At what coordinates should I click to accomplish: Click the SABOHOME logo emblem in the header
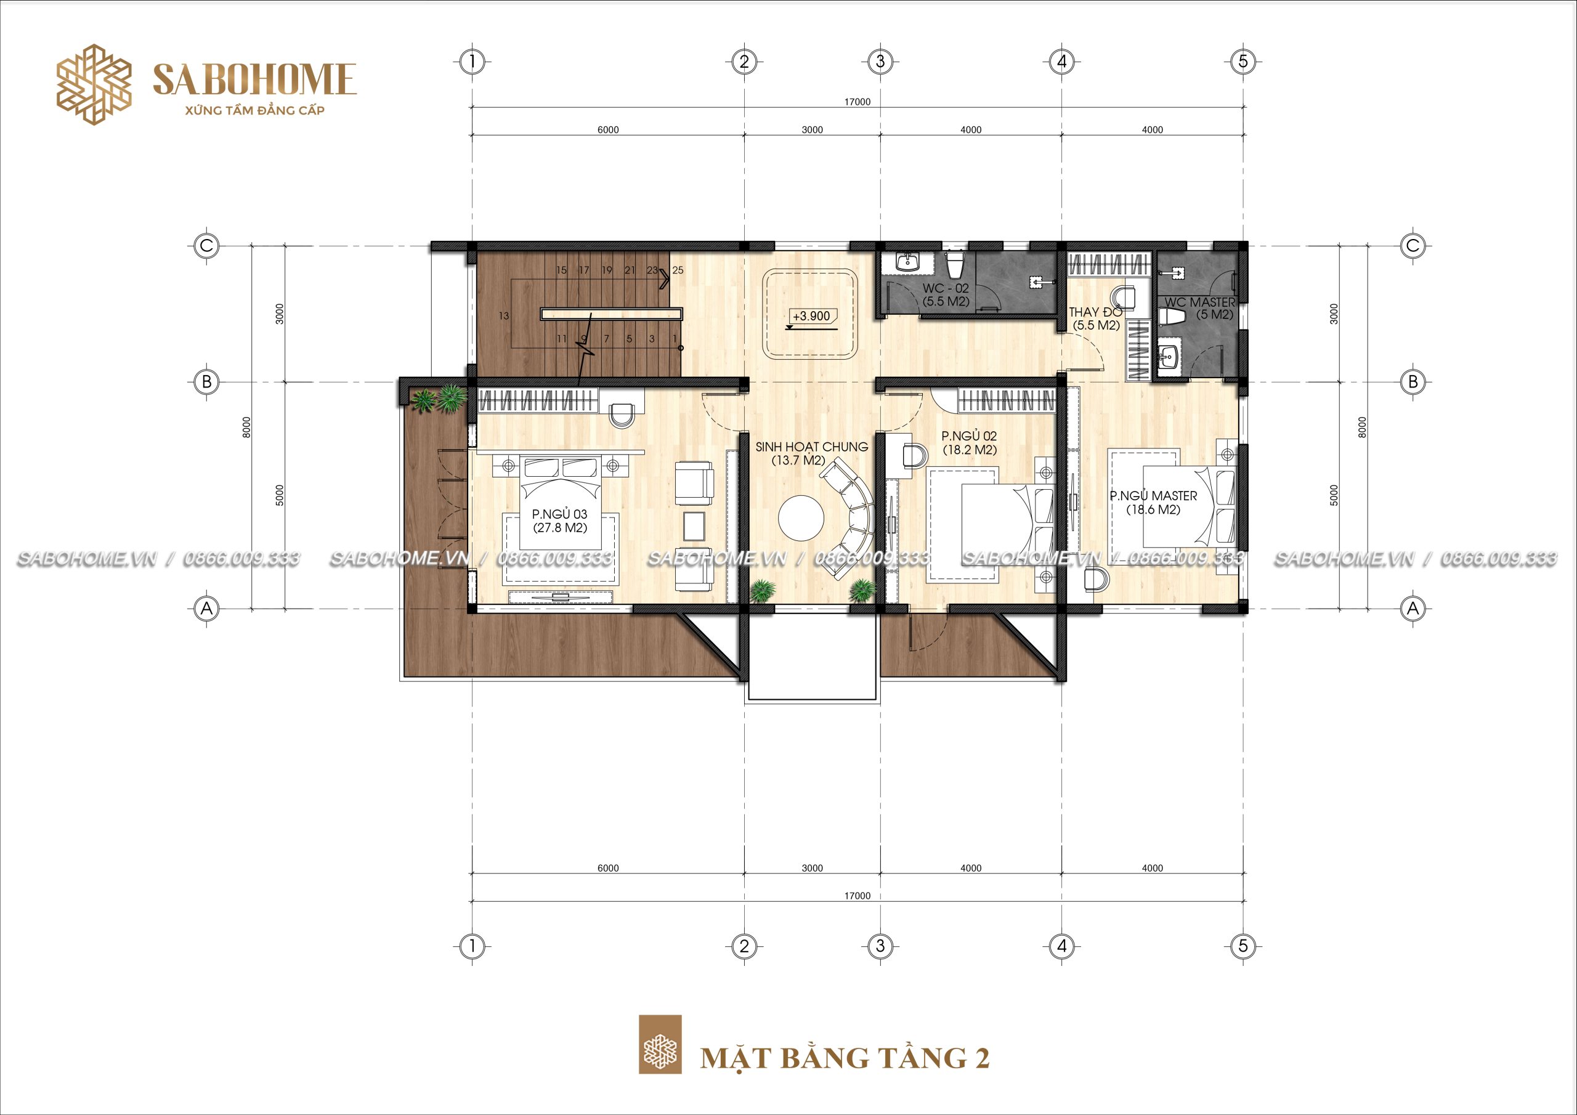pos(94,85)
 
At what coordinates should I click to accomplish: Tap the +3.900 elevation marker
pos(811,317)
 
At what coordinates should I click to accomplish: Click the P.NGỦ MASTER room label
pos(1153,502)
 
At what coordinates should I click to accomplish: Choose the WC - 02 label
pos(946,294)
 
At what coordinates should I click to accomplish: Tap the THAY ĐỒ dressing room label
pos(1095,318)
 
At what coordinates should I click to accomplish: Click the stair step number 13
pos(504,316)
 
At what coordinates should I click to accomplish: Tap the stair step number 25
pos(678,270)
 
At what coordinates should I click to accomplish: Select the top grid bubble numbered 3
pos(880,62)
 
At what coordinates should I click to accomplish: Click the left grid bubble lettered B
pos(207,381)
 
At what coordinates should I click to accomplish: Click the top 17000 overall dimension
pos(857,102)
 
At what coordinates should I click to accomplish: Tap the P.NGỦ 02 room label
pos(969,443)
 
